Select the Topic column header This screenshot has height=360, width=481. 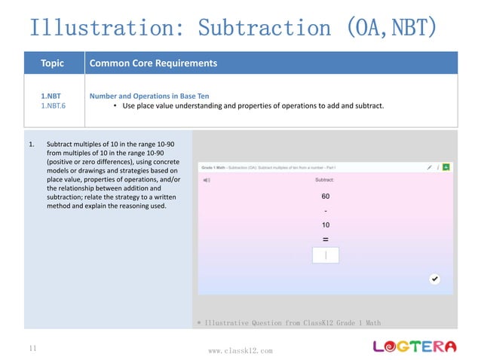pyautogui.click(x=53, y=63)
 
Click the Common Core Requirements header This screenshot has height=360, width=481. pyautogui.click(x=153, y=63)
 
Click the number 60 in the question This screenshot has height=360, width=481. pyautogui.click(x=325, y=196)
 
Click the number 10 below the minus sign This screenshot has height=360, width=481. pyautogui.click(x=325, y=224)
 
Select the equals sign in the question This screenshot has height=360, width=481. pyautogui.click(x=325, y=239)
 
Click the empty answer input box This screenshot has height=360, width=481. pyautogui.click(x=325, y=255)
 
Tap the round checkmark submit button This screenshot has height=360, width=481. pyautogui.click(x=434, y=279)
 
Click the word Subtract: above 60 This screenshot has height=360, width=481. pyautogui.click(x=325, y=180)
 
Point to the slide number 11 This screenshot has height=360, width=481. pyautogui.click(x=32, y=349)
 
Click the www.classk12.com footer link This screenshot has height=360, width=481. pyautogui.click(x=240, y=350)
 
